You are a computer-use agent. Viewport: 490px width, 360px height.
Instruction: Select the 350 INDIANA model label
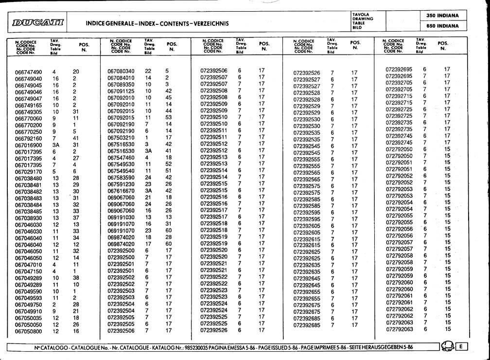[x=443, y=16]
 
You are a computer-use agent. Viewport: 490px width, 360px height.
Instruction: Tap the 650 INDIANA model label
[x=443, y=26]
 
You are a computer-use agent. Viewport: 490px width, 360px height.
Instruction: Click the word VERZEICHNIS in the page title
[x=209, y=23]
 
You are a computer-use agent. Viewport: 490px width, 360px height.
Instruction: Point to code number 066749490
[x=29, y=72]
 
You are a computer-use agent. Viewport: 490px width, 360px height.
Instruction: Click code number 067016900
[x=29, y=145]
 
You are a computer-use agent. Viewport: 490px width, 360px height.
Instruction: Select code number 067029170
[x=29, y=172]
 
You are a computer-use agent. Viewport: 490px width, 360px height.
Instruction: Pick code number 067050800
[x=29, y=331]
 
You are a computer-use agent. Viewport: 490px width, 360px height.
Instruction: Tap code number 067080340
[x=121, y=71]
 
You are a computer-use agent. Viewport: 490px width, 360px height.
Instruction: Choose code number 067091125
[x=121, y=91]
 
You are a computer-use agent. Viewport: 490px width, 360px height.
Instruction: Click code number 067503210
[x=121, y=137]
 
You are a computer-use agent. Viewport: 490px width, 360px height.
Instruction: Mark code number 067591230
[x=121, y=184]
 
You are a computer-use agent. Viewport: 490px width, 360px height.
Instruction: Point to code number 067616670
[x=121, y=191]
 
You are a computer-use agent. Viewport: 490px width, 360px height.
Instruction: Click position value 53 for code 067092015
[x=169, y=117]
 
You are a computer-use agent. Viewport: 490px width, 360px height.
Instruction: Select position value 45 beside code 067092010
[x=169, y=97]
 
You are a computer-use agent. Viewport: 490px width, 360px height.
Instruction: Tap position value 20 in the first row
[x=76, y=72]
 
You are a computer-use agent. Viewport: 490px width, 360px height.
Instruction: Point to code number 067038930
[x=29, y=218]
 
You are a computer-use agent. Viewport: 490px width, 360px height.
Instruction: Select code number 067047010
[x=29, y=265]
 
